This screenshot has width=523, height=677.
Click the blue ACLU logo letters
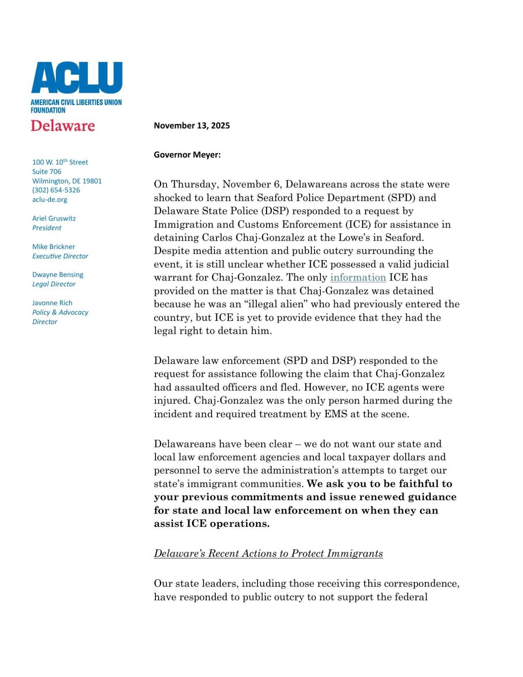point(77,78)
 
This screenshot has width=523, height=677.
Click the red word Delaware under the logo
point(63,126)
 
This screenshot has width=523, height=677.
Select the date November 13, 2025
point(191,126)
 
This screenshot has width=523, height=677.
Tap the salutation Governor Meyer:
point(187,155)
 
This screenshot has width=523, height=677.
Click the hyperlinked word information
point(358,277)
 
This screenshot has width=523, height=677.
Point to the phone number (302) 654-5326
point(56,190)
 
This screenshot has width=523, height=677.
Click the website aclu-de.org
point(50,200)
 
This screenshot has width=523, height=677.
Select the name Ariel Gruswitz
point(54,218)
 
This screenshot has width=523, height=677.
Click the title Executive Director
point(60,256)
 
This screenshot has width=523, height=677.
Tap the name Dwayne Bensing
point(57,275)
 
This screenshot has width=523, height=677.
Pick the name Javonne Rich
point(52,303)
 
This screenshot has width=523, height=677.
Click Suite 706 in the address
point(47,172)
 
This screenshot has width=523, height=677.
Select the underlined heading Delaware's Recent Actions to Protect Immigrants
point(268,554)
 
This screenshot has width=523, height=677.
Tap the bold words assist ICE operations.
point(211,524)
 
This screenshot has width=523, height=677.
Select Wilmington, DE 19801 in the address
point(67,181)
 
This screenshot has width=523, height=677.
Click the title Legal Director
point(54,285)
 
